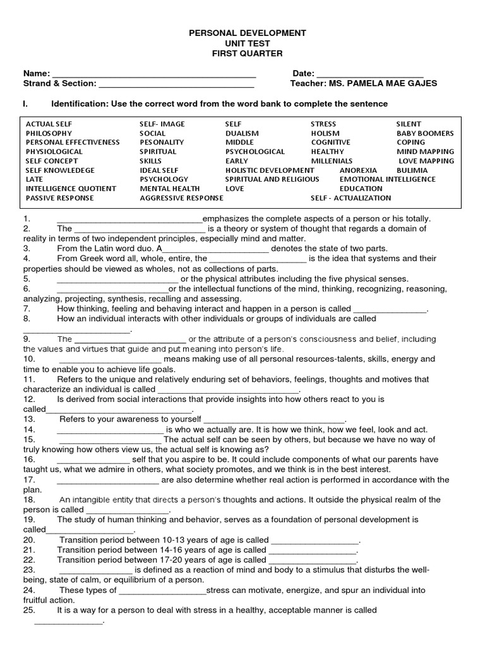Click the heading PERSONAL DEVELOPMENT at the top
pos(242,33)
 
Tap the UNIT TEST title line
pos(242,44)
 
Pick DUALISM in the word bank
pos(242,134)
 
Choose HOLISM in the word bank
pos(325,134)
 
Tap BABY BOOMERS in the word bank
pos(425,134)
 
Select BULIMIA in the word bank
pos(412,170)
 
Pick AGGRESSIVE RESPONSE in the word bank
pos(181,198)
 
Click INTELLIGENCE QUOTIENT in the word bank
pos(71,189)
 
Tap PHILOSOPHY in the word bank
pos(49,134)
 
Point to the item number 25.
pos(29,610)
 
